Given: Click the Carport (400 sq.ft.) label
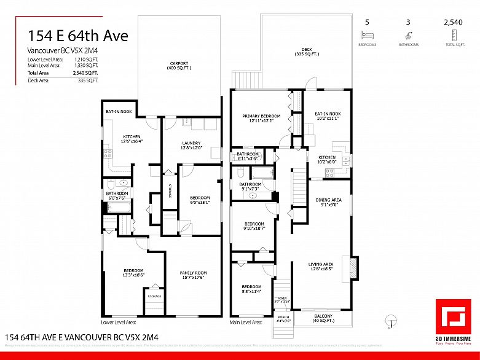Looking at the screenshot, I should [179, 65].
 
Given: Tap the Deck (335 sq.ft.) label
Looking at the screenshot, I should [307, 52].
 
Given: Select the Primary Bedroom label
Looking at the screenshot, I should [261, 118].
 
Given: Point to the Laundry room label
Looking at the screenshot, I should [191, 145].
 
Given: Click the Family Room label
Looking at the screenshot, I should [193, 275].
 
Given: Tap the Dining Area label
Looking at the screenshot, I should [328, 202].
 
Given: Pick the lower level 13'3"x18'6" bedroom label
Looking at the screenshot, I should [133, 273].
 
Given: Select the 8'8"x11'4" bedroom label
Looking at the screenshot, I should [251, 289].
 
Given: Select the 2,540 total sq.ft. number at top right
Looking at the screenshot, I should [455, 23].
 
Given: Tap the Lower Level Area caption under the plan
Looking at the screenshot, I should [119, 322].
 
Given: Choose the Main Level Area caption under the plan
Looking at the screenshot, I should [246, 322].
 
